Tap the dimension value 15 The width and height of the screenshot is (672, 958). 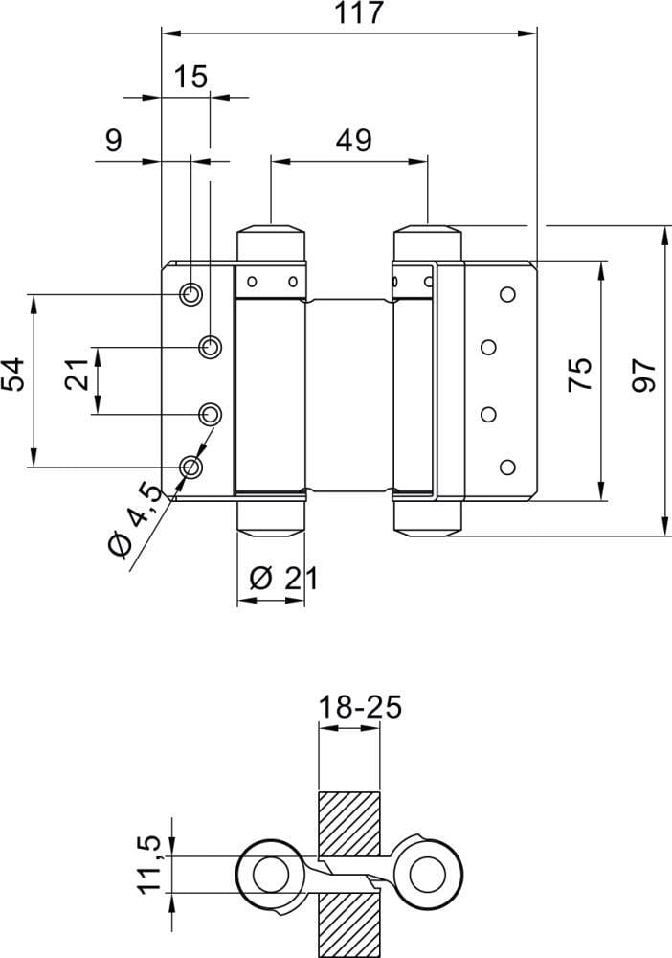(191, 77)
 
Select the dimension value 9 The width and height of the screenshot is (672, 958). (113, 141)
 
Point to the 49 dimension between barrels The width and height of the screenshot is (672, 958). (353, 141)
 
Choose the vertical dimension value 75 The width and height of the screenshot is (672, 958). (580, 375)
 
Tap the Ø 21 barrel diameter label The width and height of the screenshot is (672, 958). (281, 578)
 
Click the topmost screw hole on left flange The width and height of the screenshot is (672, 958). (191, 293)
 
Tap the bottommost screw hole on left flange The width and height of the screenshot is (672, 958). (191, 467)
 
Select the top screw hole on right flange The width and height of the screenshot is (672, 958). (506, 293)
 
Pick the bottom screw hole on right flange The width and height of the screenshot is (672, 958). (506, 467)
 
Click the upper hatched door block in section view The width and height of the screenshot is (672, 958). (349, 824)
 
